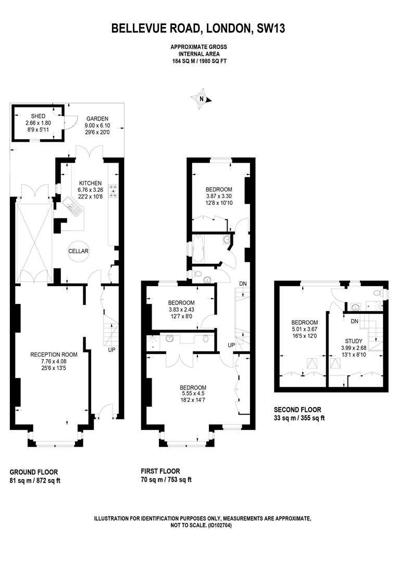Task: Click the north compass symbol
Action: pos(202,99)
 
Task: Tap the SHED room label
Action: pos(38,116)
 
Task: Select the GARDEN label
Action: pos(97,118)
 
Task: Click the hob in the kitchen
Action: pos(114,191)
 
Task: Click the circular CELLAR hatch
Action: pos(78,251)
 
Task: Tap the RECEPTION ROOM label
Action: pos(54,355)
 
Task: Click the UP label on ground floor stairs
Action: pos(111,349)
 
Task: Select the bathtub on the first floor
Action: pos(198,249)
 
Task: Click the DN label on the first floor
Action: pos(243,284)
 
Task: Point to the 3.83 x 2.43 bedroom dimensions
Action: pos(182,310)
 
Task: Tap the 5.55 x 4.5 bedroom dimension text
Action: pos(193,394)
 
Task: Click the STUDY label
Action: pos(354,341)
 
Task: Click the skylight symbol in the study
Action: pos(335,364)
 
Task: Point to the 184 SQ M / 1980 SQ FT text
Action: pos(199,61)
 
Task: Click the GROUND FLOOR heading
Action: pos(34,472)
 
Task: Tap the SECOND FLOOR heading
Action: pos(297,410)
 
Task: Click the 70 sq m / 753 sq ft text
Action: pos(166,480)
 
